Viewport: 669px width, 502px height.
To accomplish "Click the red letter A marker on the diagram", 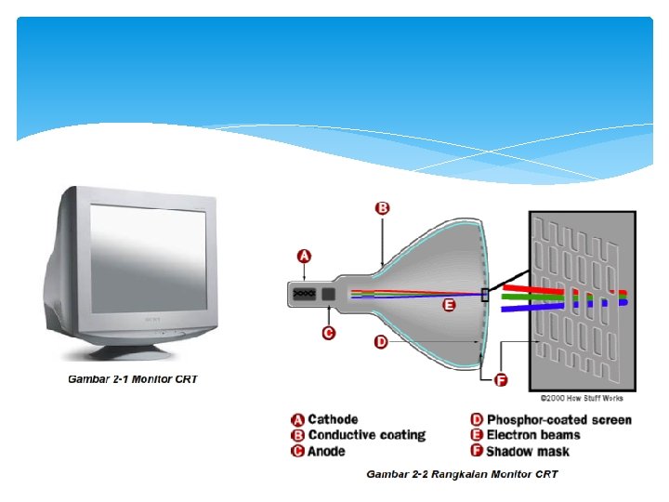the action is [x=304, y=257].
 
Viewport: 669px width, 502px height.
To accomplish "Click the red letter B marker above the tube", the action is [x=381, y=208].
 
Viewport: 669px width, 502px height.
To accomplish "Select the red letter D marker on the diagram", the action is [x=381, y=342].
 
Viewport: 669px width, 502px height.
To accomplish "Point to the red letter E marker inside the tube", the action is [x=449, y=305].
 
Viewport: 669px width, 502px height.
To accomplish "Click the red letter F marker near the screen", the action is [x=502, y=379].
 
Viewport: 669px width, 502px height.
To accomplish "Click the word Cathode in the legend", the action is [x=333, y=420].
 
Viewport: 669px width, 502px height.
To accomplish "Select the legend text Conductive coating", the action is [x=366, y=435].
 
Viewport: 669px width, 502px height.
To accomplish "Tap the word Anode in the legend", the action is [x=326, y=451].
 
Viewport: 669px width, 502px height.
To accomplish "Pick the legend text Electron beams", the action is [x=532, y=435].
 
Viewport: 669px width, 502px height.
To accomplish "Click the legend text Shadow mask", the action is [x=527, y=451].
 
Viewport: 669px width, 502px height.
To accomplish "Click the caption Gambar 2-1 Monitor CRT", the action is [x=133, y=379].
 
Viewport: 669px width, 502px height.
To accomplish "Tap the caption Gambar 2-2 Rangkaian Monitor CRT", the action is [x=462, y=474].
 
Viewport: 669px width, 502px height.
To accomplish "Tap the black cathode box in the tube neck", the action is [x=305, y=294].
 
